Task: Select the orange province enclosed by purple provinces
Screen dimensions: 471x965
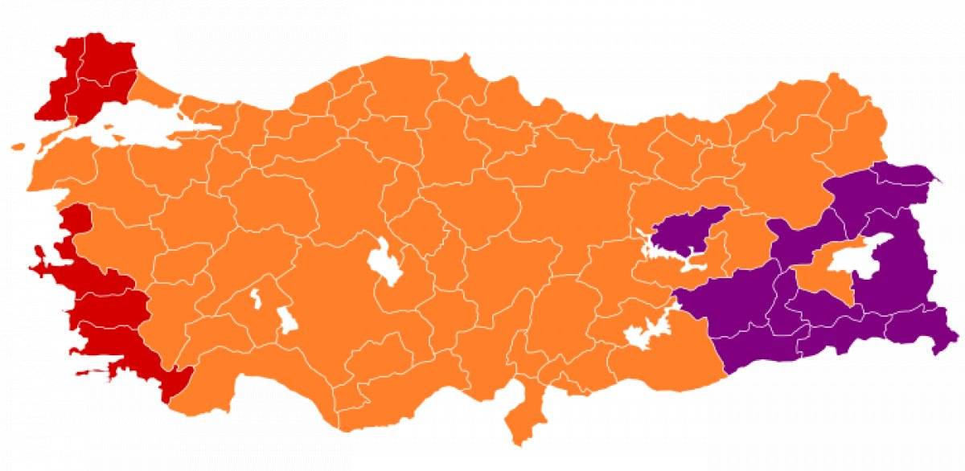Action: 824,277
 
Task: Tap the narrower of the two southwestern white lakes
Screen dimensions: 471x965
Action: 257,297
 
